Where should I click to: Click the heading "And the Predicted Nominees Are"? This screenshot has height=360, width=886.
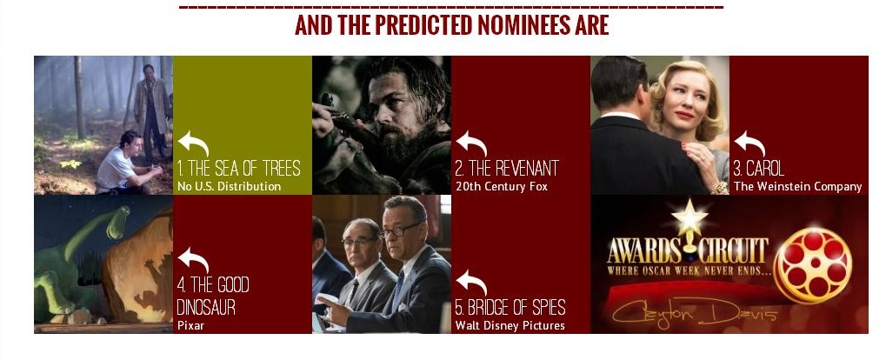(x=451, y=25)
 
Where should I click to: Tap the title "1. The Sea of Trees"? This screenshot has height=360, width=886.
(x=238, y=169)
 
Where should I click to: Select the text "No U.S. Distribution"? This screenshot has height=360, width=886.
(x=229, y=186)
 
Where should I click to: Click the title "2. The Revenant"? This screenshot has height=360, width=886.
(x=507, y=169)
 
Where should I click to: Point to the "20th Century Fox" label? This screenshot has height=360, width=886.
(x=501, y=186)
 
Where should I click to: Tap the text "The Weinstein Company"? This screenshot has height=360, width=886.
(x=797, y=186)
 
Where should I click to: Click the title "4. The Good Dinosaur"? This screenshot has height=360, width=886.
(x=213, y=296)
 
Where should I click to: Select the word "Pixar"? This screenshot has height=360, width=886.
(x=190, y=325)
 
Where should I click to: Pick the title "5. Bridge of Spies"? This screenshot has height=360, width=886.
(x=510, y=308)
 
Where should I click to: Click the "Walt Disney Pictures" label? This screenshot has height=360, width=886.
(x=510, y=325)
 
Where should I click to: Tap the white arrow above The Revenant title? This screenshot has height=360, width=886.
(x=471, y=143)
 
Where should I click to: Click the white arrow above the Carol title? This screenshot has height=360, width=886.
(x=749, y=143)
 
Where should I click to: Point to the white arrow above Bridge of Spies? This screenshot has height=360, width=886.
(x=471, y=283)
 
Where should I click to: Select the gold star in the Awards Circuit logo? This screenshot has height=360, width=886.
(x=689, y=217)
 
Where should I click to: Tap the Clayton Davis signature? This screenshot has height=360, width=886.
(x=695, y=312)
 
